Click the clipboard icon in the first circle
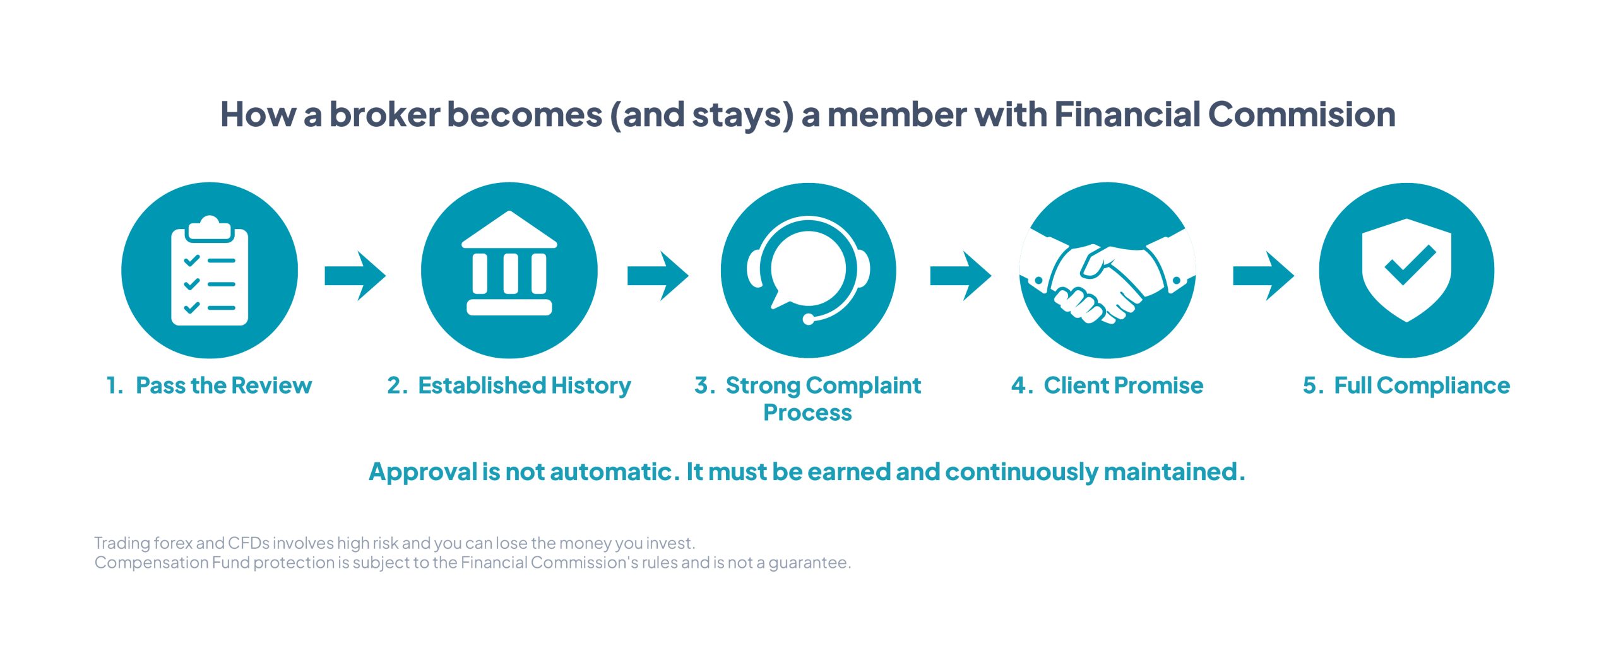tap(210, 271)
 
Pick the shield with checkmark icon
tap(1406, 270)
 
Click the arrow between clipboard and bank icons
tap(355, 276)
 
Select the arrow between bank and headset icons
tap(658, 276)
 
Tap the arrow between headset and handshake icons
tap(961, 276)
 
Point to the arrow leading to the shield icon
tap(1264, 276)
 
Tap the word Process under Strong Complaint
tap(807, 413)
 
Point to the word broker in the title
tap(384, 114)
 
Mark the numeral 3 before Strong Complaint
tap(701, 385)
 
